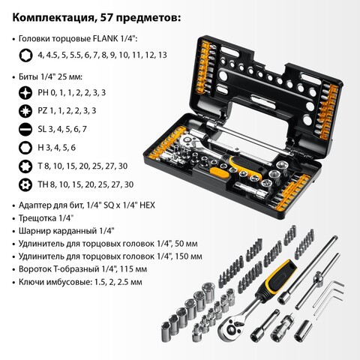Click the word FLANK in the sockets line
(x=105, y=39)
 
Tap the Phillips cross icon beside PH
(x=25, y=93)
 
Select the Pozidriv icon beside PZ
(x=25, y=111)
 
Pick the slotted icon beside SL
(x=25, y=129)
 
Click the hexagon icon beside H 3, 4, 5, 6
(x=25, y=148)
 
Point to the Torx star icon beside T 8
(x=25, y=166)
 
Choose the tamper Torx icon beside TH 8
(x=25, y=184)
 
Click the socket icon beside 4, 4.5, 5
(x=25, y=55)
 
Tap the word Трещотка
(x=37, y=218)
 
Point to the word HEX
(x=147, y=205)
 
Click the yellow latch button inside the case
(x=219, y=173)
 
